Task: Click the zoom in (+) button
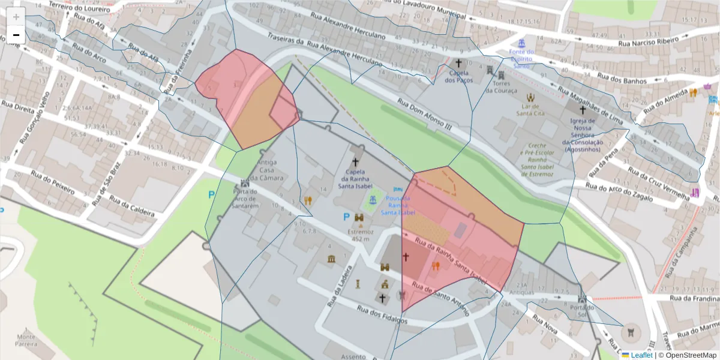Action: tap(16, 17)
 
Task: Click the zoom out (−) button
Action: tap(16, 35)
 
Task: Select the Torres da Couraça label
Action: tap(500, 87)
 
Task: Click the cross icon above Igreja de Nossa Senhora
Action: tap(582, 110)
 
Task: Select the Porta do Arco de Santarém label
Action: tap(245, 199)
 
